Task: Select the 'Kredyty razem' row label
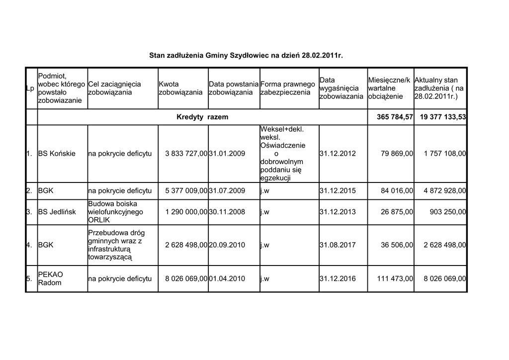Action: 202,117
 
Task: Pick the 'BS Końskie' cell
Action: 57,154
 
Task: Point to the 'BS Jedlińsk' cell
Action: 57,212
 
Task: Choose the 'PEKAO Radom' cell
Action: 50,278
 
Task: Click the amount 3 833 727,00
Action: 186,154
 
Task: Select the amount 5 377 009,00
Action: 186,191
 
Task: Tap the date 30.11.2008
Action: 227,212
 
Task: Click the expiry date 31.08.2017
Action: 338,245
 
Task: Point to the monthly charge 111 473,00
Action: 395,279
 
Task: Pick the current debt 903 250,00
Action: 448,212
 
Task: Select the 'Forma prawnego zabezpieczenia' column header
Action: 288,88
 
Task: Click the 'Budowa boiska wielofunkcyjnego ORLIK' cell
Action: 115,212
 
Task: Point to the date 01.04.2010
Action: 227,279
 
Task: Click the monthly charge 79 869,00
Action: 397,154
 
